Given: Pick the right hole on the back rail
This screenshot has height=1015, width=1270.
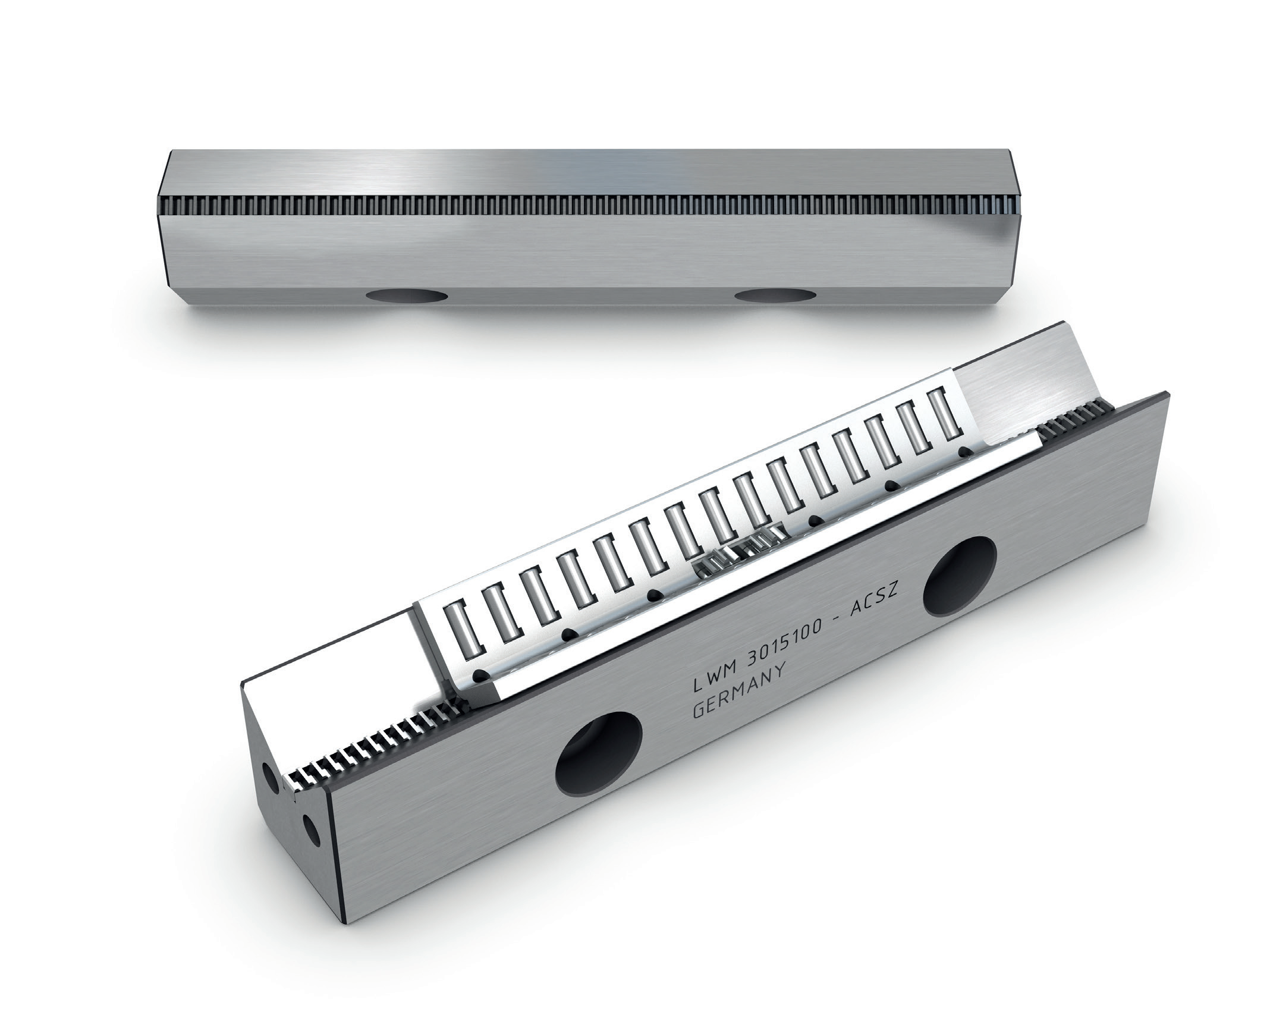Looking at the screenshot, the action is (x=774, y=295).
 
